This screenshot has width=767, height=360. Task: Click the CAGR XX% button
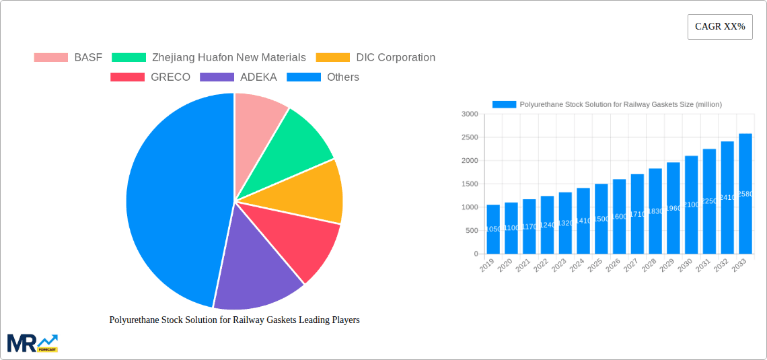(x=719, y=27)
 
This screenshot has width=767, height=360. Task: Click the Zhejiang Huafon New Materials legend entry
(x=209, y=58)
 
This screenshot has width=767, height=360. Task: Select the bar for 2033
(x=745, y=195)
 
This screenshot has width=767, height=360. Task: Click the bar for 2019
(x=493, y=229)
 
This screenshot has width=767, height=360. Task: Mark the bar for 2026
(x=619, y=215)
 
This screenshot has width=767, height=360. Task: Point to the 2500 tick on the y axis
(x=469, y=137)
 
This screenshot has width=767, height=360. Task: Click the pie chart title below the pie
(x=234, y=320)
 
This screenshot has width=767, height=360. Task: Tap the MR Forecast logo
(x=32, y=343)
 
